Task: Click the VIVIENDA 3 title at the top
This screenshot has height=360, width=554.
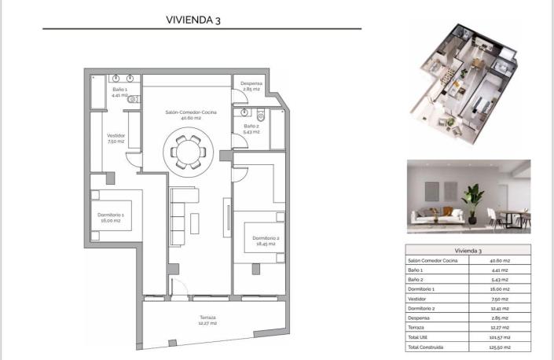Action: tap(193, 20)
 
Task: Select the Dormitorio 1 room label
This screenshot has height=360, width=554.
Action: tap(112, 217)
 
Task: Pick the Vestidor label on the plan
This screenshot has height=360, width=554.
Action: tap(116, 138)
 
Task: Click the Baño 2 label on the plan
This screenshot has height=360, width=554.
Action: tap(251, 128)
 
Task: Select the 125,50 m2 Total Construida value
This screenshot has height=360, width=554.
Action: tap(500, 347)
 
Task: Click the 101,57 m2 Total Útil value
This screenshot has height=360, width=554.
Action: tap(500, 336)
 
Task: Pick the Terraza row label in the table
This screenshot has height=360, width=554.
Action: tap(417, 327)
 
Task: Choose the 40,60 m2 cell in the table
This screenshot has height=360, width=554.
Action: tap(500, 260)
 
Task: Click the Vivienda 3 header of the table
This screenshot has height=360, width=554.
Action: tap(468, 250)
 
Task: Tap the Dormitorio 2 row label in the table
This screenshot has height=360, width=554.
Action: tap(422, 307)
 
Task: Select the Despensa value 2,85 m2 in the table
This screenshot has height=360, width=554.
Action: tap(500, 318)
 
